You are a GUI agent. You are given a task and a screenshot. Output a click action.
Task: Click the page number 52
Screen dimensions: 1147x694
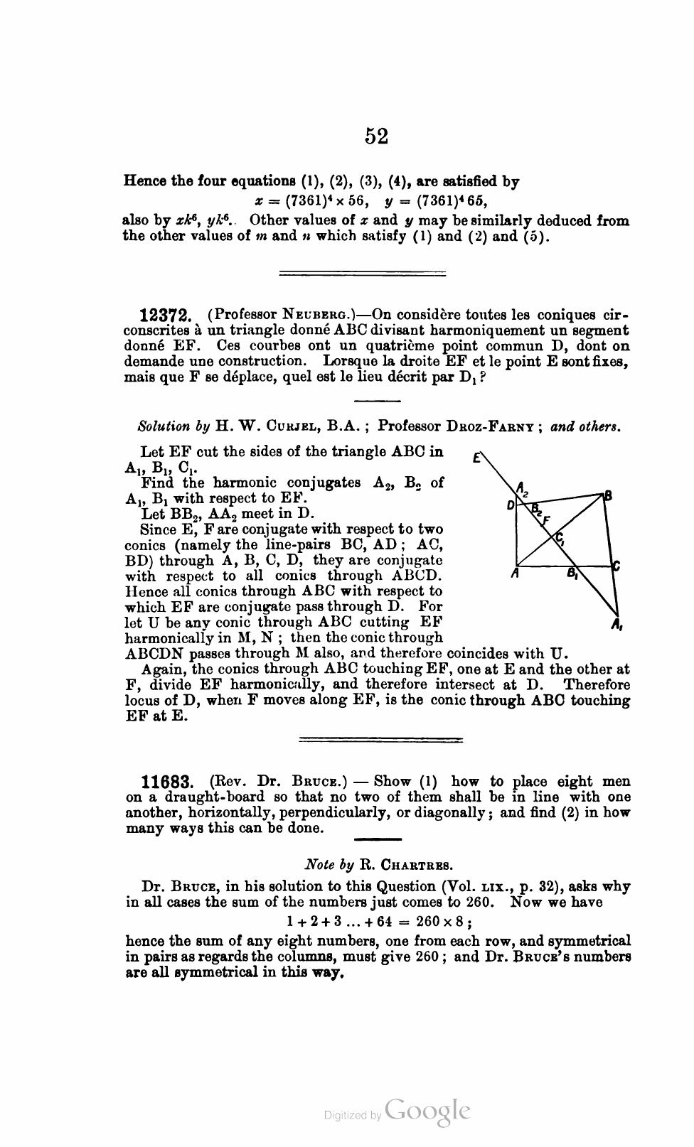376,135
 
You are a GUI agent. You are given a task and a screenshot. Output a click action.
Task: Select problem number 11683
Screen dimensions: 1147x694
167,782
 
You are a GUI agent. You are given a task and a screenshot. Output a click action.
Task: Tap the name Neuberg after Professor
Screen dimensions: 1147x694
315,315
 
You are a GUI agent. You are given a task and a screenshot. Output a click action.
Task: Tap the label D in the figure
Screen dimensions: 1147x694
510,505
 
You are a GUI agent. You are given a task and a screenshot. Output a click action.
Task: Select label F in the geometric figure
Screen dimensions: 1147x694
547,519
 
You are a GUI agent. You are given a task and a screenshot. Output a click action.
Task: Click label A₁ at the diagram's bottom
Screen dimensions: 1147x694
616,626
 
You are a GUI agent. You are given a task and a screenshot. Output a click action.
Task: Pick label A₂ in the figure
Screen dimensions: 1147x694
523,488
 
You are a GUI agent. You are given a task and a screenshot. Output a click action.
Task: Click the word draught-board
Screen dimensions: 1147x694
195,797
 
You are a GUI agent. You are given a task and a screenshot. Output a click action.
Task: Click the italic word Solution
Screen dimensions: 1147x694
163,428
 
